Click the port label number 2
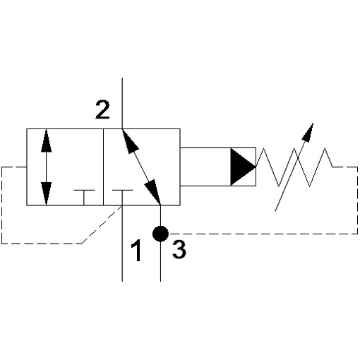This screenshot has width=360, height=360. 102,109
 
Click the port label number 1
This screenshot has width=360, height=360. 136,250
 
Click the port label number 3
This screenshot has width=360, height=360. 179,250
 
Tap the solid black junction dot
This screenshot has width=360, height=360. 160,234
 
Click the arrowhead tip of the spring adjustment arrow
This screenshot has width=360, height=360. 313,123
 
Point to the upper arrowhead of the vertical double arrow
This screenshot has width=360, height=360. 46,140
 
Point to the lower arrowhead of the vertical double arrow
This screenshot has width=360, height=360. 46,193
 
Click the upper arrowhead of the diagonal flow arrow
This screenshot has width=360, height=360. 129,141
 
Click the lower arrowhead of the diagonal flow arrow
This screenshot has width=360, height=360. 153,192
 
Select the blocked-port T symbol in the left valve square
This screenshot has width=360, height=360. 84,198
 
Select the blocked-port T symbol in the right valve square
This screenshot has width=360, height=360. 122,198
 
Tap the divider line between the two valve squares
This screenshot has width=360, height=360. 104,167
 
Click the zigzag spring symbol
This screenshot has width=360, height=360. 294,167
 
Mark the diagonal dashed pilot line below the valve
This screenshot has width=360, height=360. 102,224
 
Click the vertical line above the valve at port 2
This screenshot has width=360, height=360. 122,103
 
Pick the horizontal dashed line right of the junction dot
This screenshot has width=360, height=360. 263,234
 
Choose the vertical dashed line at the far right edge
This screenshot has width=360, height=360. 357,200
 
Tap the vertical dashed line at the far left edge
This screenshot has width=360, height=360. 2,205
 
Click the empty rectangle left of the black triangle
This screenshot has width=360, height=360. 205,167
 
